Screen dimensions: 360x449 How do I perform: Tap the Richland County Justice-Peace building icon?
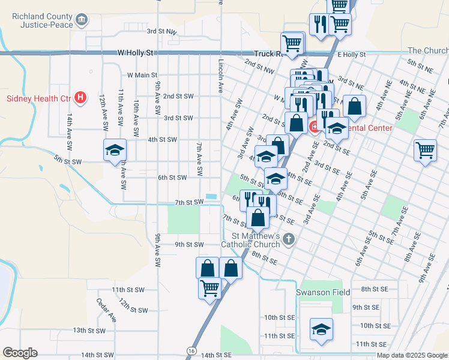coord(81,22)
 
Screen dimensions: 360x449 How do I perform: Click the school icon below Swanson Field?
coord(321,329)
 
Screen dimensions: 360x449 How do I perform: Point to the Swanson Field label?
coord(322,293)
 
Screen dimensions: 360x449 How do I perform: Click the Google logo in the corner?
coord(20,353)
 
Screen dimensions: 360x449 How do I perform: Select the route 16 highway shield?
coord(191,350)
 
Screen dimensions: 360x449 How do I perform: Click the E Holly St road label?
coord(351,55)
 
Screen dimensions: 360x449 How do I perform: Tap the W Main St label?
coord(142,76)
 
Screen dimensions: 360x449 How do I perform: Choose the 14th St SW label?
coord(97,355)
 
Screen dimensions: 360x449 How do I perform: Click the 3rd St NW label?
coord(161,31)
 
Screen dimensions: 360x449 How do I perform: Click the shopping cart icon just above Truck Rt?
coord(292,43)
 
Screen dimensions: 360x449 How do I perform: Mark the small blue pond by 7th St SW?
coord(211,196)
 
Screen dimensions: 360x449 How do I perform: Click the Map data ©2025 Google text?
coord(411,355)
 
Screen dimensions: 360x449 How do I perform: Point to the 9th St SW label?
coord(189,245)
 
